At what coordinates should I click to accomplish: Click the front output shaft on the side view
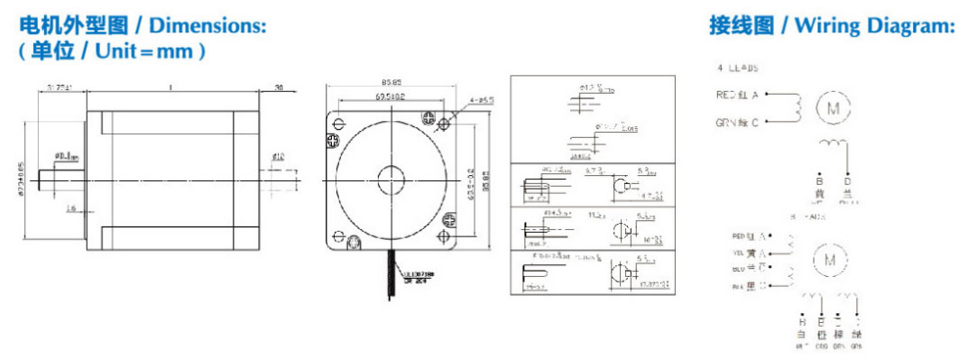click(x=62, y=179)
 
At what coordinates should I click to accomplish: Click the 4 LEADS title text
click(x=738, y=68)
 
